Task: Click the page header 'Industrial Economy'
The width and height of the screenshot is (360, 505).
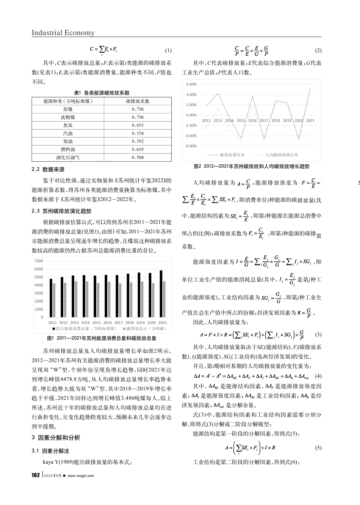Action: pyautogui.click(x=63, y=33)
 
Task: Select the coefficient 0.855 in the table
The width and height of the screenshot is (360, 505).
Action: pyautogui.click(x=138, y=125)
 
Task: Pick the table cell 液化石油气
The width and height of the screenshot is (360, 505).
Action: pyautogui.click(x=68, y=158)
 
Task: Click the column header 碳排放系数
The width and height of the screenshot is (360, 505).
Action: pyautogui.click(x=138, y=101)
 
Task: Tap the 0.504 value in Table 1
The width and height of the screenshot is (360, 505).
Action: pyautogui.click(x=138, y=158)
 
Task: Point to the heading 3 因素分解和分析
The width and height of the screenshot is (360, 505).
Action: pyautogui.click(x=56, y=438)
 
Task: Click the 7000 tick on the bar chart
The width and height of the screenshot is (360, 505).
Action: pyautogui.click(x=39, y=261)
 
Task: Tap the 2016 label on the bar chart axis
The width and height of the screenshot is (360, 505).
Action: pyautogui.click(x=108, y=323)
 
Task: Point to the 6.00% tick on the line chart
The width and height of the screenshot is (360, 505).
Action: pyautogui.click(x=192, y=84)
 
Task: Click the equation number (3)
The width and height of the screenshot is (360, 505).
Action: pyautogui.click(x=318, y=335)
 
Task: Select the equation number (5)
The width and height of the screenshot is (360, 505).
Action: pyautogui.click(x=318, y=448)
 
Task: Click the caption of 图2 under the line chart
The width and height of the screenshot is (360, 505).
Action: pyautogui.click(x=251, y=166)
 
